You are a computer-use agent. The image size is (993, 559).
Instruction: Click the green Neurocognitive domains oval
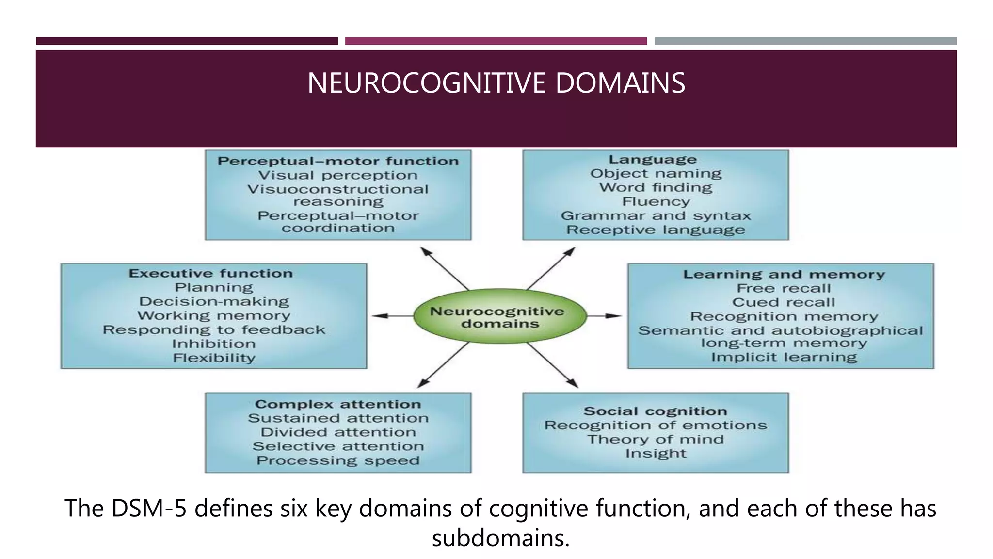tap(500, 317)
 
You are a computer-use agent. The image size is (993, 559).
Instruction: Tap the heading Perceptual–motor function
tap(338, 161)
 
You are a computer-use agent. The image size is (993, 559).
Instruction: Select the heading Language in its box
tap(653, 160)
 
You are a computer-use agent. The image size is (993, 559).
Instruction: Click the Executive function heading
tap(211, 274)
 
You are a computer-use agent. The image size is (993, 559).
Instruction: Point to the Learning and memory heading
tap(784, 275)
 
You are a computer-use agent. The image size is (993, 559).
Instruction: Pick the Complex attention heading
tap(338, 404)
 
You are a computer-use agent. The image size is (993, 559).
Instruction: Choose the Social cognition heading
tap(656, 411)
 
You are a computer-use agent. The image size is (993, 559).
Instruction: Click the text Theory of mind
tap(656, 440)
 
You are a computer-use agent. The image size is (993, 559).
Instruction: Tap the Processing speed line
tap(338, 460)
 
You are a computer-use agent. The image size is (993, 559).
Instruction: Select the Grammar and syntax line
tap(656, 216)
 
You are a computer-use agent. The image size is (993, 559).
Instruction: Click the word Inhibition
tap(214, 344)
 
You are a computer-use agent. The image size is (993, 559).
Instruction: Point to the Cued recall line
tap(784, 303)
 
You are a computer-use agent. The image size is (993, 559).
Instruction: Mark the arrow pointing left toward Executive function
tap(390, 316)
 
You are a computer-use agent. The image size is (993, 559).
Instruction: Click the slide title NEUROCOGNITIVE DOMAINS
tap(496, 83)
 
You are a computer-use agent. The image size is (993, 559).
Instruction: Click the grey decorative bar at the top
tap(805, 41)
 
